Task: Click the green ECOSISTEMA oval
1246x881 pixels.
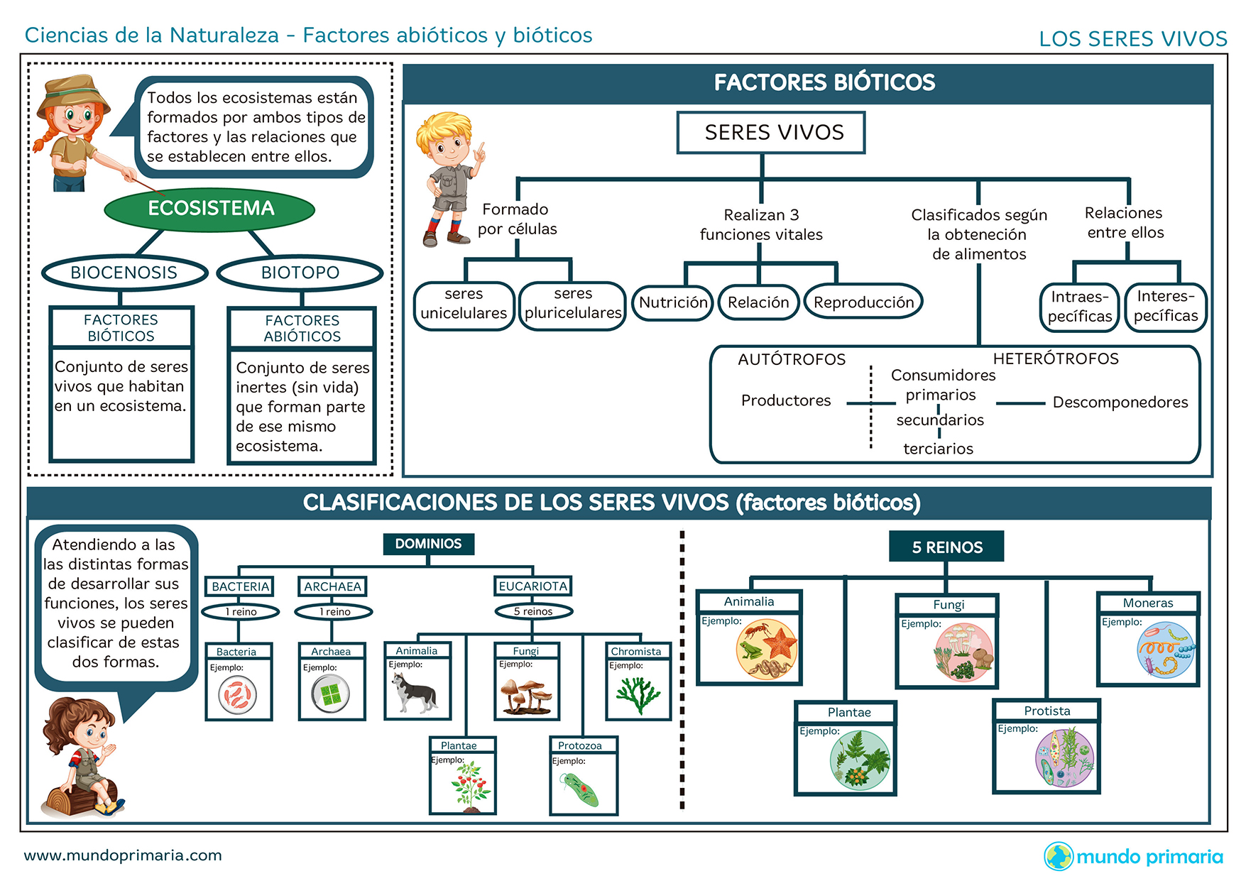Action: tap(209, 209)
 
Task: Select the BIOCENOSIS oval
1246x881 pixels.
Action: tap(124, 273)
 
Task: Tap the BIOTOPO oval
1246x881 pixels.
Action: tap(300, 273)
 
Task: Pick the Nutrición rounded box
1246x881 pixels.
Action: tap(673, 302)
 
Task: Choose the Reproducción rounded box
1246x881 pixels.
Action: tap(863, 302)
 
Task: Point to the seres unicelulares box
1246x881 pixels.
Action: tap(464, 305)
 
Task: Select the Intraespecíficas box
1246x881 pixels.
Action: tap(1079, 307)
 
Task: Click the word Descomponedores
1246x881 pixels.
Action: tap(1120, 403)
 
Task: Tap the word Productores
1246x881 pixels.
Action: tap(785, 400)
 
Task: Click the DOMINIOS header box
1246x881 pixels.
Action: tap(428, 544)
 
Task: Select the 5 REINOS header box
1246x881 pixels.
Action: tap(946, 547)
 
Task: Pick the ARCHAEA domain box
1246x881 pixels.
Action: tap(332, 586)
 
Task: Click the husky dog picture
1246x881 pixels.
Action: tap(415, 692)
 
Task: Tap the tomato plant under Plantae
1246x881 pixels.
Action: tap(469, 787)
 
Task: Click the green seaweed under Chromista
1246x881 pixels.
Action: tap(638, 694)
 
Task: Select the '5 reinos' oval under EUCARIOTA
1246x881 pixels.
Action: tap(533, 611)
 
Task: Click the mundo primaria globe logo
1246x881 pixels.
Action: tap(1058, 856)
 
